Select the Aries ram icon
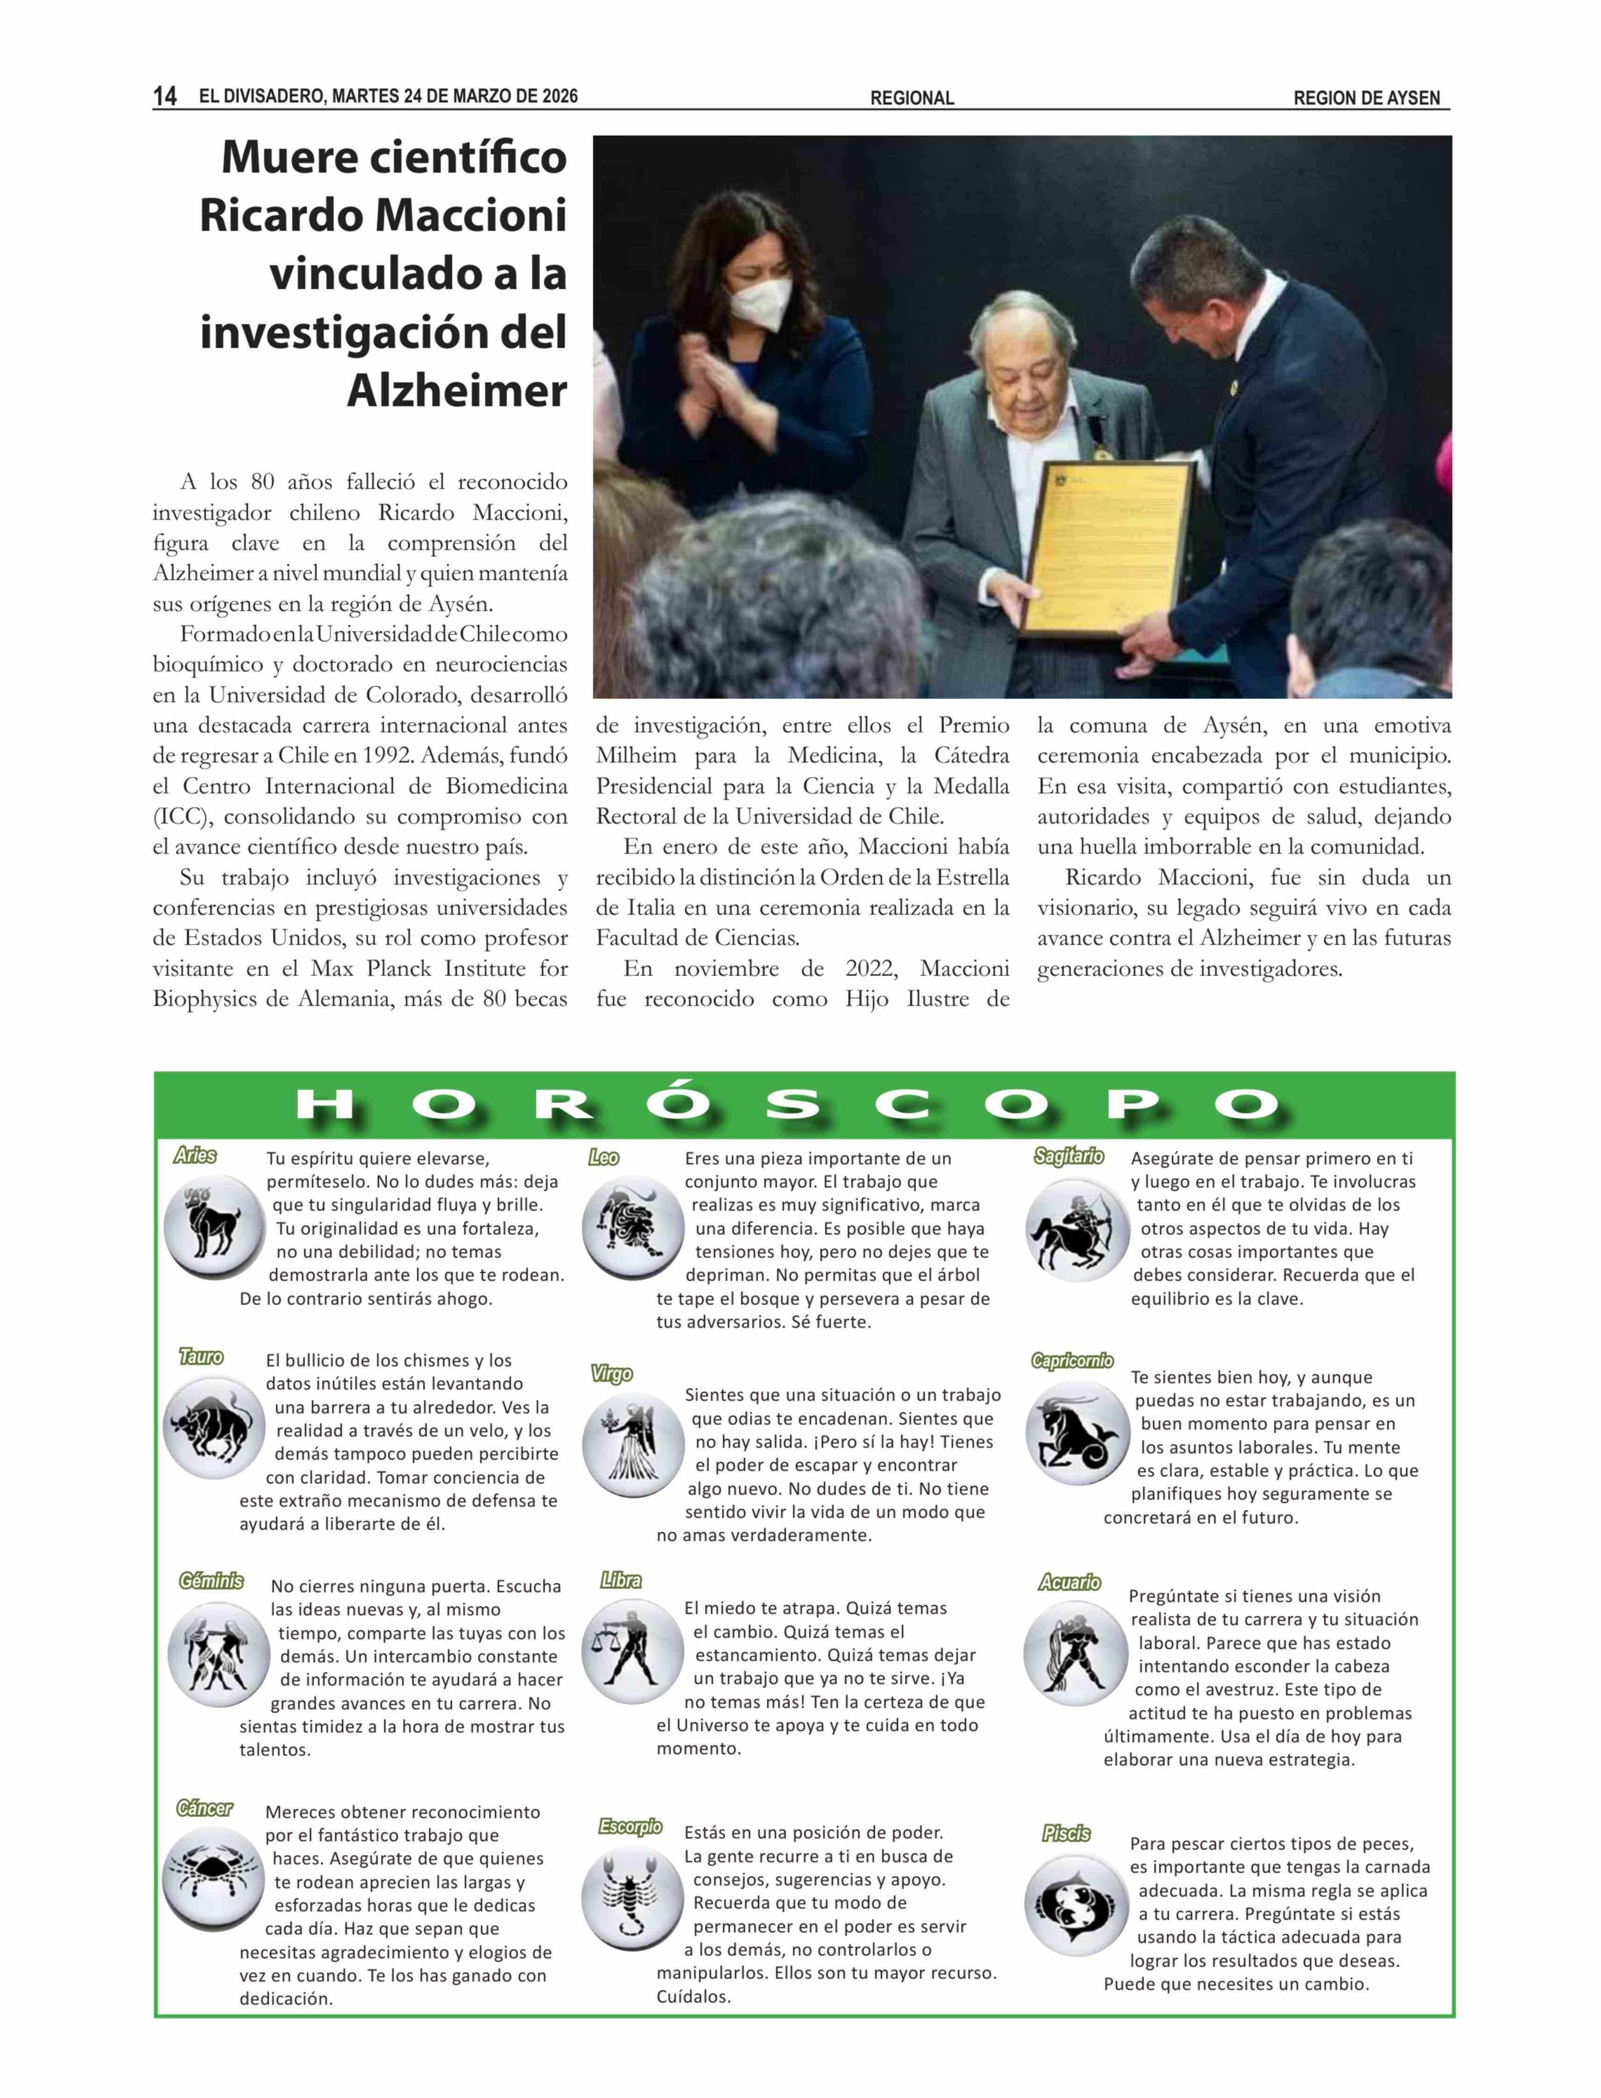(214, 1228)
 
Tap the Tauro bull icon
(214, 1428)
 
